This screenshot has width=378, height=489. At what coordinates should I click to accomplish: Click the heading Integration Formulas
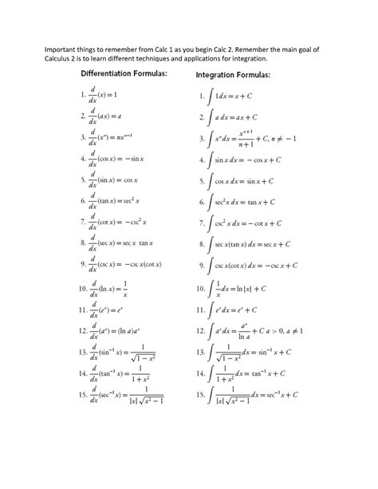[233, 76]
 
